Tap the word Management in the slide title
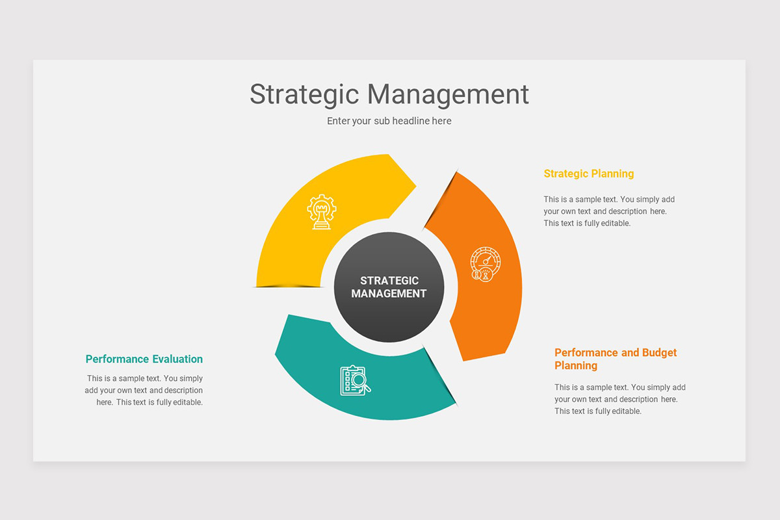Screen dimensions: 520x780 click(448, 94)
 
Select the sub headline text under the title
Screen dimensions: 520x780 click(389, 121)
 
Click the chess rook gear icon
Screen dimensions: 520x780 click(322, 212)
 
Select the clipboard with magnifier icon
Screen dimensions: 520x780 click(355, 380)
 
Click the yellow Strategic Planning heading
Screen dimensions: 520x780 click(588, 174)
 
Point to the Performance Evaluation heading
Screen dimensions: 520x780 click(144, 359)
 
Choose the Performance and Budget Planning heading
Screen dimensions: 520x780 click(616, 359)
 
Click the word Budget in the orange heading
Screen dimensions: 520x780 click(659, 352)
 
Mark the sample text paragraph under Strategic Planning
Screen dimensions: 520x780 click(609, 211)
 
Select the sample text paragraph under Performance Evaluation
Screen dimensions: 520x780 click(144, 390)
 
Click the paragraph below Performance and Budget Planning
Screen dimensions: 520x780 click(619, 399)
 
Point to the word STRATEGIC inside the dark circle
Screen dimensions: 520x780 click(389, 281)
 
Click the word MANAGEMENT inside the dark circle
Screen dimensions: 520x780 click(389, 294)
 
